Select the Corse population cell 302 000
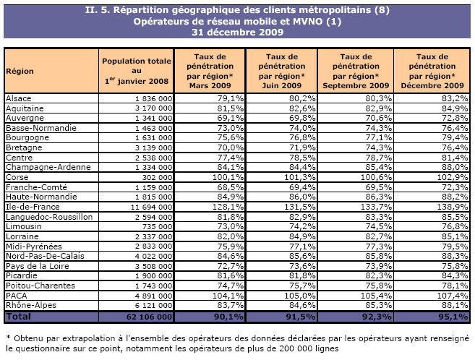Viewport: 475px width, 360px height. pyautogui.click(x=156, y=177)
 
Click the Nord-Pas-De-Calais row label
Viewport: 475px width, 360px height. pyautogui.click(x=38, y=256)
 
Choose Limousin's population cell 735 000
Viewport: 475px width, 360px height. pyautogui.click(x=156, y=226)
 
